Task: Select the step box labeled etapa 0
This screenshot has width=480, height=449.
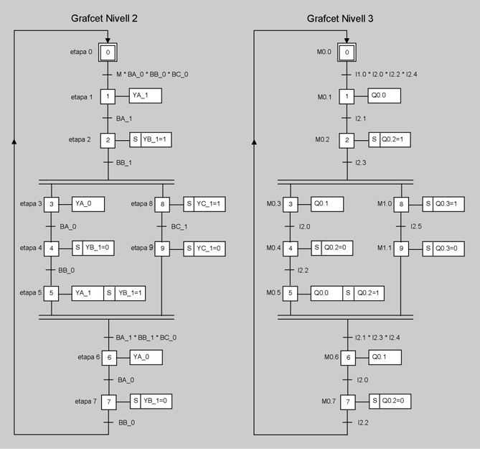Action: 108,52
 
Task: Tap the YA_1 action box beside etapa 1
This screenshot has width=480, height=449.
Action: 145,96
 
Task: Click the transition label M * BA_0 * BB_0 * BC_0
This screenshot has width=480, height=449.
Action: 152,74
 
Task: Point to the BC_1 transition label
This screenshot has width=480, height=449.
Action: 179,227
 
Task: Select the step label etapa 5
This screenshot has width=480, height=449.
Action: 32,292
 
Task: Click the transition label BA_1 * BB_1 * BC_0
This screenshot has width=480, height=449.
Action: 146,337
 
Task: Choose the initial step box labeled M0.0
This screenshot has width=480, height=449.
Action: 347,52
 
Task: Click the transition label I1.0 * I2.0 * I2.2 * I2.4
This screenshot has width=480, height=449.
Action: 387,74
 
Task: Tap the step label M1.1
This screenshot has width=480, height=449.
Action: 386,249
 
